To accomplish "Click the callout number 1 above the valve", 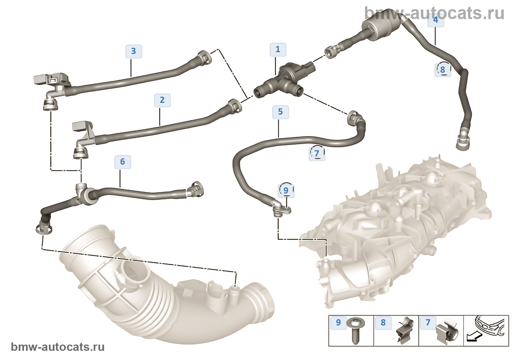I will pyautogui.click(x=278, y=49).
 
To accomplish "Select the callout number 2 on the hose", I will pyautogui.click(x=162, y=100).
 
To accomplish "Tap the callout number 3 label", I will pyautogui.click(x=134, y=51).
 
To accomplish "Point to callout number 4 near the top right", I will pyautogui.click(x=436, y=19).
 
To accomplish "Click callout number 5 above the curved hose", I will pyautogui.click(x=280, y=112).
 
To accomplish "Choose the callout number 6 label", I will pyautogui.click(x=123, y=162).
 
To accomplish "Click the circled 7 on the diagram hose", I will pyautogui.click(x=317, y=153).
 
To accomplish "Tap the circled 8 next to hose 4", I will pyautogui.click(x=443, y=69).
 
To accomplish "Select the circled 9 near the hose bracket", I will pyautogui.click(x=286, y=190).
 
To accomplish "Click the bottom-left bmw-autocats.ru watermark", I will pyautogui.click(x=58, y=347).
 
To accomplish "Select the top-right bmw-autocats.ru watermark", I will pyautogui.click(x=434, y=13).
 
